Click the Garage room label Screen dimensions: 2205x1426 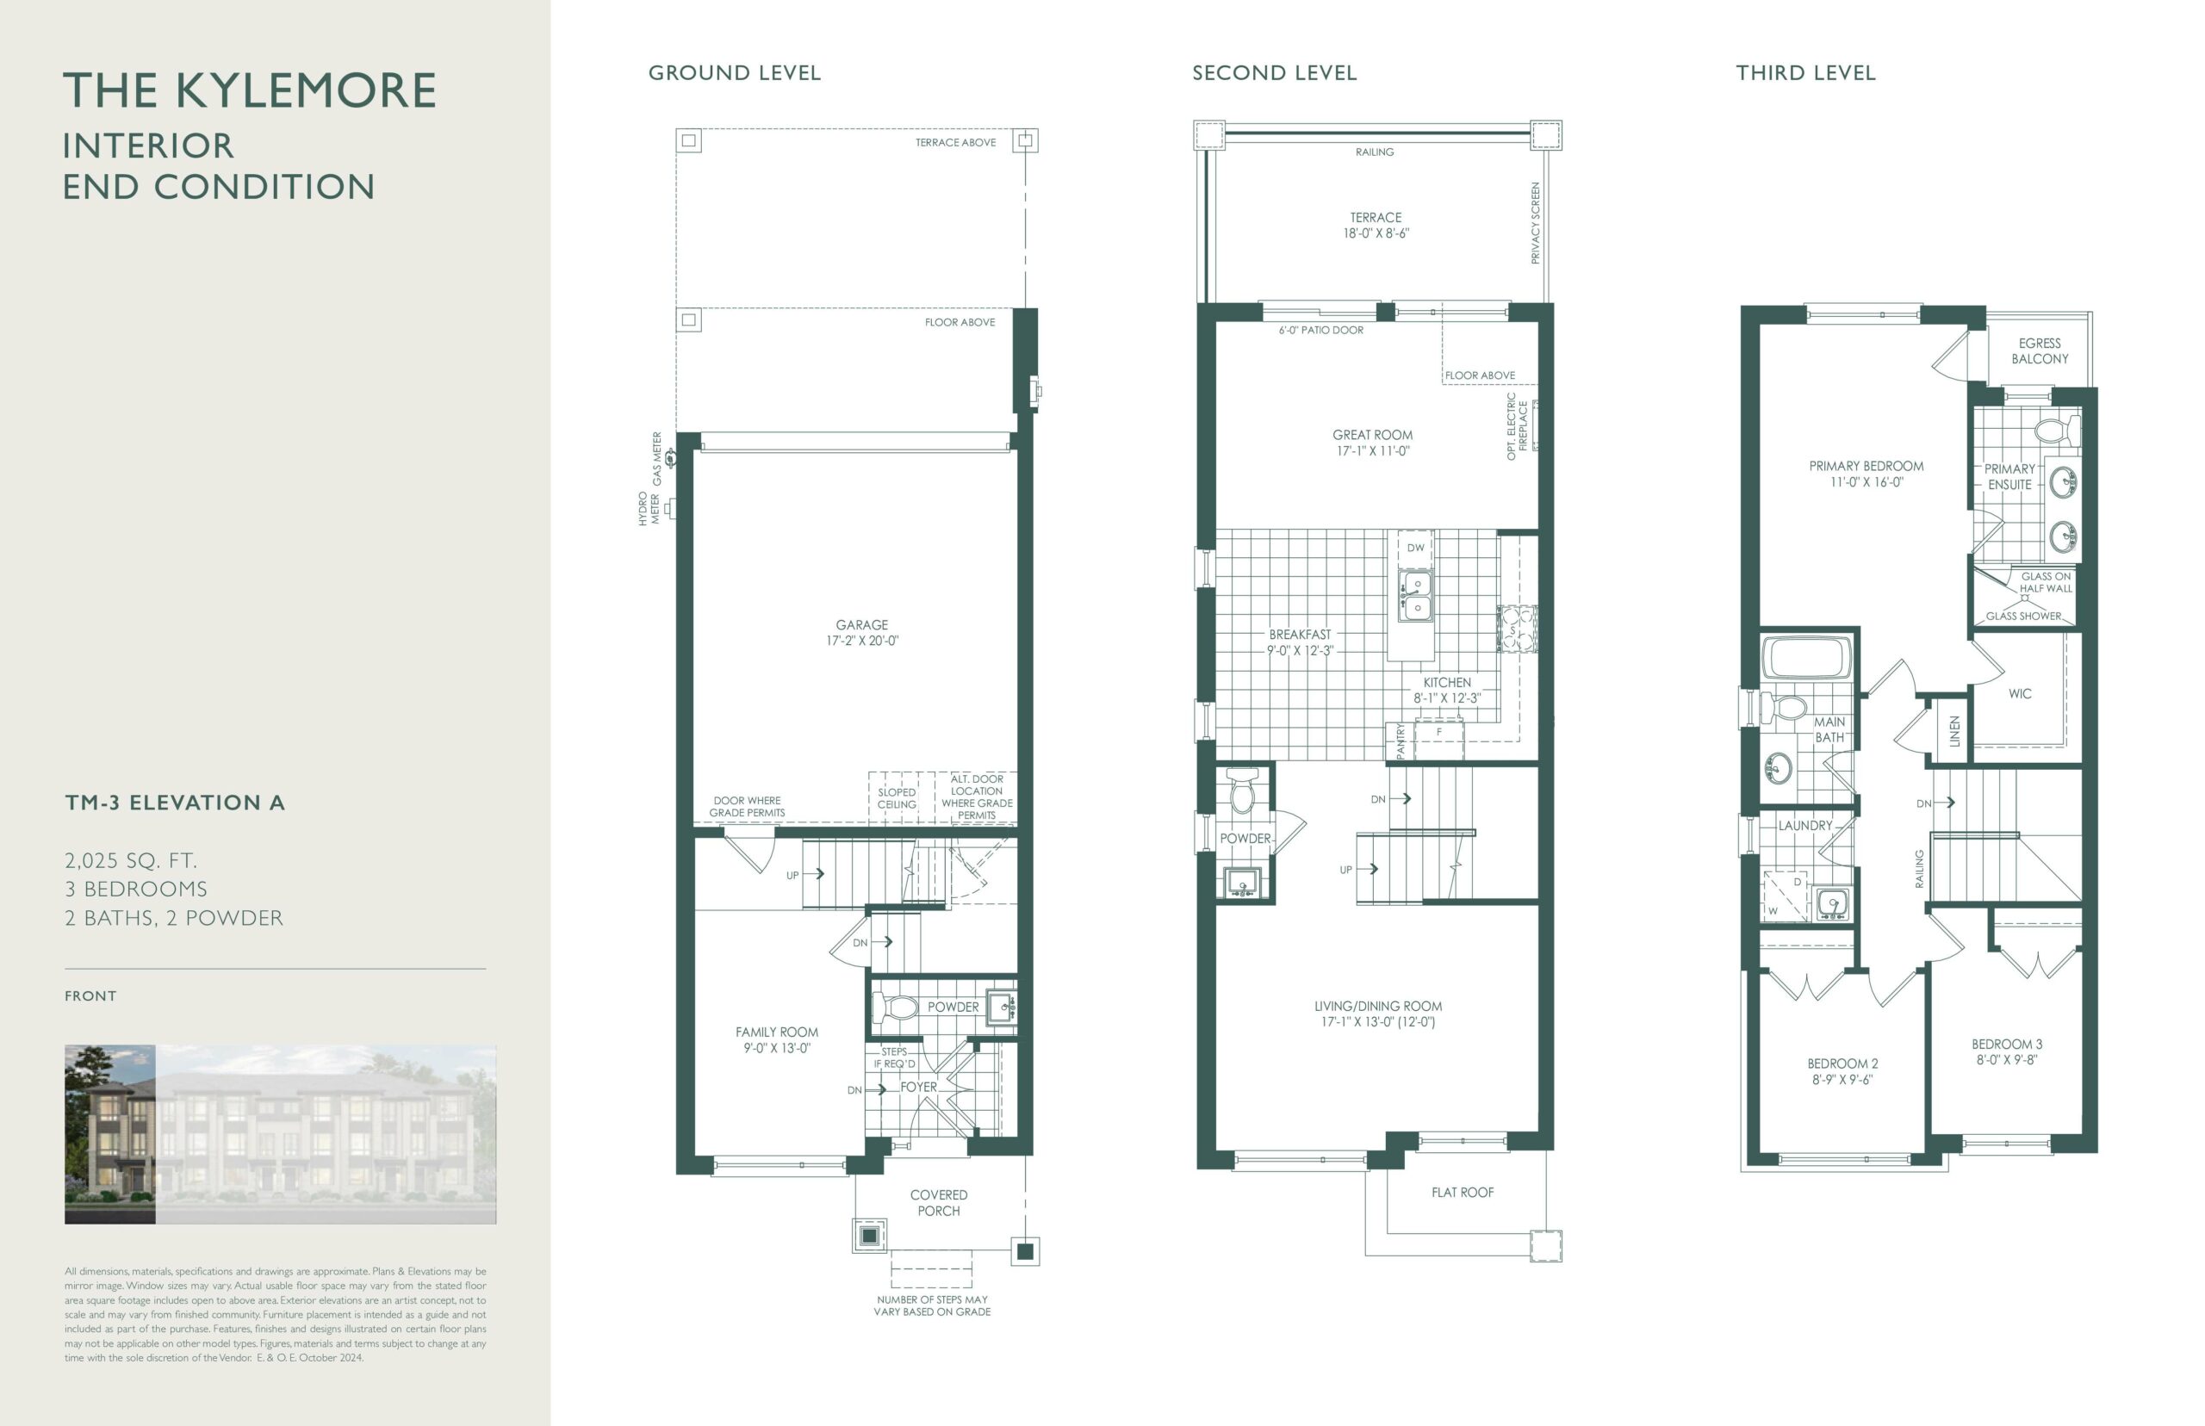click(x=862, y=632)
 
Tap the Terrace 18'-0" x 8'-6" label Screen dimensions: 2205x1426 click(x=1376, y=225)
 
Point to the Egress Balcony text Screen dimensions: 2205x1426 click(x=2040, y=351)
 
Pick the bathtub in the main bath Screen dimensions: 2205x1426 click(x=1806, y=660)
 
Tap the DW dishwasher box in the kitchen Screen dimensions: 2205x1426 click(x=1416, y=549)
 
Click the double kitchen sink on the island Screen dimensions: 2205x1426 click(x=1416, y=594)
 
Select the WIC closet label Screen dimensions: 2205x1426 click(x=2020, y=693)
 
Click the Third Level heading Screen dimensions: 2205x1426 click(x=1806, y=73)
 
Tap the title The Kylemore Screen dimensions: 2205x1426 click(x=249, y=90)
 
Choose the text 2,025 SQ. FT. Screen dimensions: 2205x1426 click(x=131, y=861)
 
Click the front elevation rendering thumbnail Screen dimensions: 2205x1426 click(x=280, y=1134)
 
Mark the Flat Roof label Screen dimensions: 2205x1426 click(x=1463, y=1193)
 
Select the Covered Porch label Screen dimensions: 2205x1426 click(x=938, y=1203)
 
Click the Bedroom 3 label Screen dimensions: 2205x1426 click(x=2007, y=1052)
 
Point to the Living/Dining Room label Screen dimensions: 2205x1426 click(x=1378, y=1014)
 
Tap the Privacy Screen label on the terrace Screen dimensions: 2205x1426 click(x=1536, y=223)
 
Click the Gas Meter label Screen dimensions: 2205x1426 click(x=657, y=459)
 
